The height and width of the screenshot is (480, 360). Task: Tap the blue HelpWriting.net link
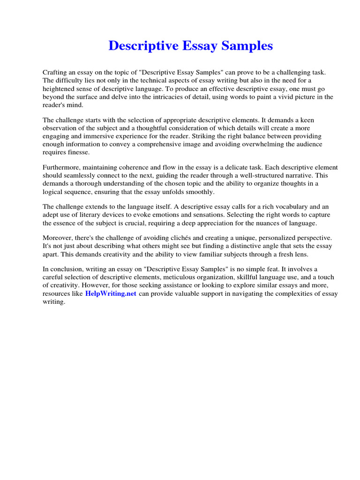point(111,294)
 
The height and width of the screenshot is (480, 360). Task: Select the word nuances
point(270,223)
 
